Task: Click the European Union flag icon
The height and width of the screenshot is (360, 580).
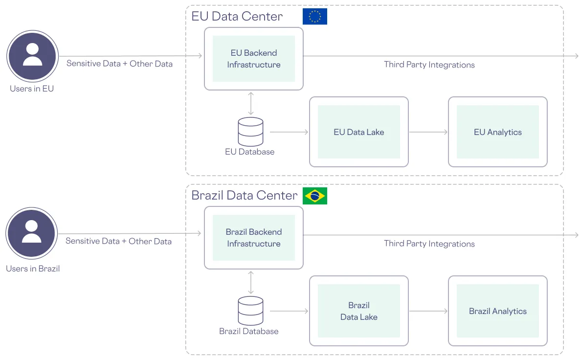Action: click(x=314, y=17)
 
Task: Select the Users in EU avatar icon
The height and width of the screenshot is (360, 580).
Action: click(x=32, y=56)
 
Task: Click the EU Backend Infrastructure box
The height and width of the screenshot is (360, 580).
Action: click(x=253, y=59)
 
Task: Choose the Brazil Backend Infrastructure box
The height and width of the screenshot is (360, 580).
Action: click(x=253, y=238)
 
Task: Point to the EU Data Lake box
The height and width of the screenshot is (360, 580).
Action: click(x=358, y=132)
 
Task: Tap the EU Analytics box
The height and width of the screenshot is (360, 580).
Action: click(x=497, y=132)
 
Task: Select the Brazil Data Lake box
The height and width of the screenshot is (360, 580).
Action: click(x=358, y=311)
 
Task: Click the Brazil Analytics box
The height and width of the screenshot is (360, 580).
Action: click(x=497, y=311)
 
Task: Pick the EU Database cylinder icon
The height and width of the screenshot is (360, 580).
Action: click(x=250, y=132)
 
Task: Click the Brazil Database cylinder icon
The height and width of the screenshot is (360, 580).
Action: click(x=250, y=311)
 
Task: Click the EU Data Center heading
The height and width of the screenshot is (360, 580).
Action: click(x=237, y=17)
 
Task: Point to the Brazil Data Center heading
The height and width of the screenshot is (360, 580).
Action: click(x=244, y=196)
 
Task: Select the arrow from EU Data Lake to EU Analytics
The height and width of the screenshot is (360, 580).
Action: click(x=428, y=132)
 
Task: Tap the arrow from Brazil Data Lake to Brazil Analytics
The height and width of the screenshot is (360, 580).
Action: click(x=428, y=311)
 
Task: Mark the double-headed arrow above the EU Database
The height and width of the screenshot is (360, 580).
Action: click(x=250, y=103)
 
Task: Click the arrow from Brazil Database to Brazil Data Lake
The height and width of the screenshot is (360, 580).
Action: click(x=289, y=311)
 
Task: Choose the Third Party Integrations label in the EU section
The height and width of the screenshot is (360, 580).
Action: click(x=429, y=65)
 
